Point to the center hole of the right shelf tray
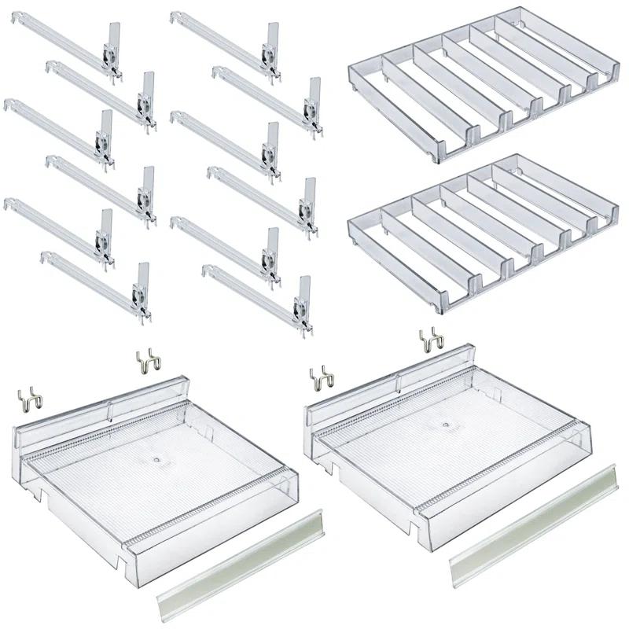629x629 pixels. (446, 424)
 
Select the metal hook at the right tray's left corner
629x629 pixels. (321, 377)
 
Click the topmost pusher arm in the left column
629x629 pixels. (63, 48)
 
